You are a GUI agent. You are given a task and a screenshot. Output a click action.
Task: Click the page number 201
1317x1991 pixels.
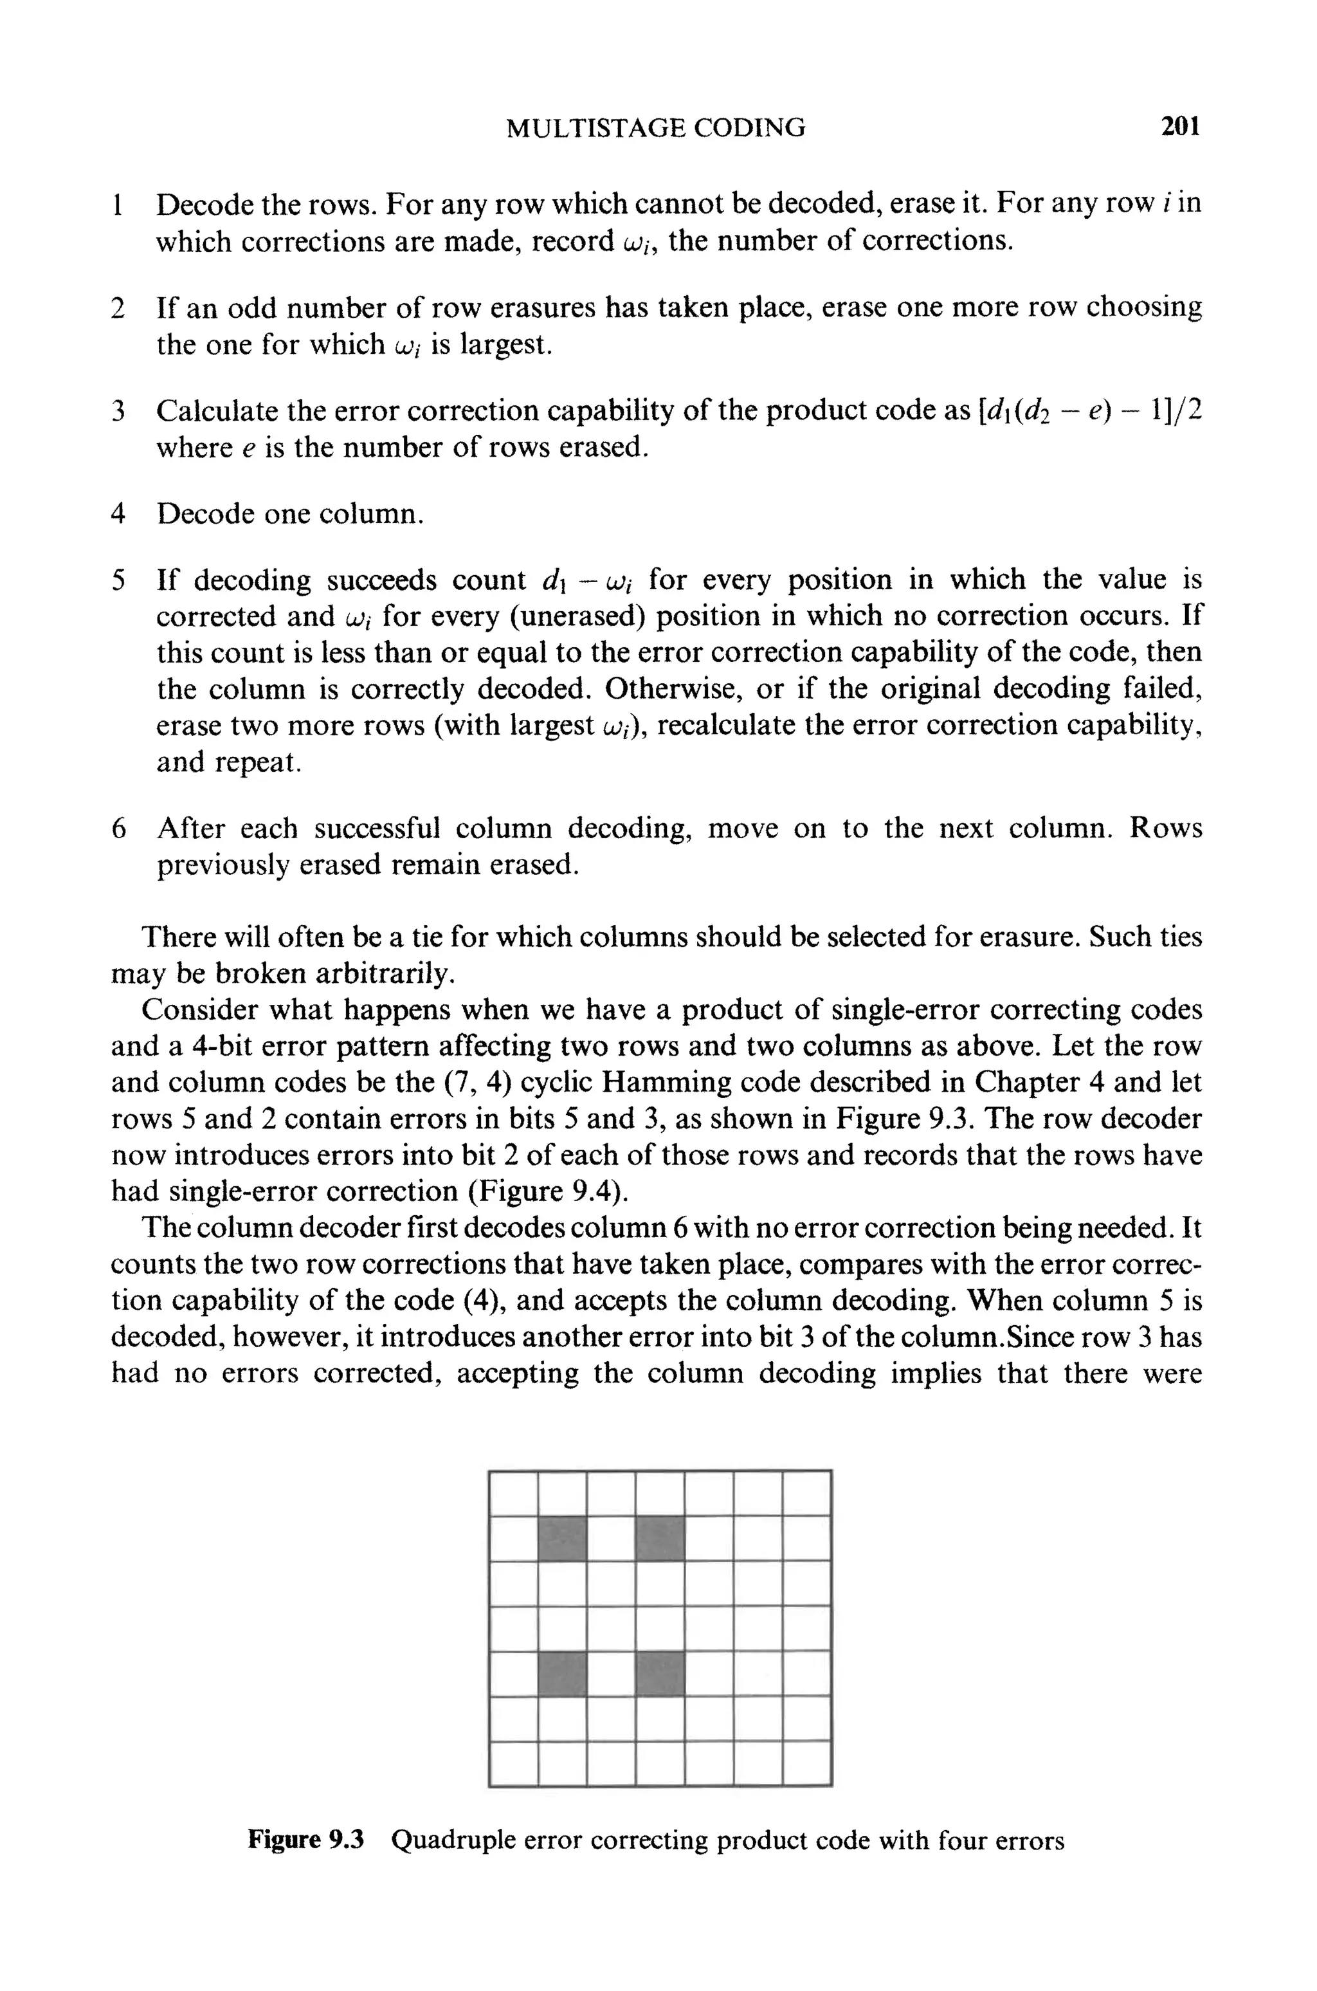(x=1180, y=127)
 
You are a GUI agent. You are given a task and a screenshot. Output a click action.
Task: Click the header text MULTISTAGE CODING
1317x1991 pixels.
(x=656, y=127)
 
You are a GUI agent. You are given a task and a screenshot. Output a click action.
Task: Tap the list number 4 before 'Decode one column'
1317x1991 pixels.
(x=118, y=513)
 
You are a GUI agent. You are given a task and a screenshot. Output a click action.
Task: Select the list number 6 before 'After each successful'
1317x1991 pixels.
(x=118, y=829)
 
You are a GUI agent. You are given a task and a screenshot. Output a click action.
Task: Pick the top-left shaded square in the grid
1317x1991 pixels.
(x=562, y=1539)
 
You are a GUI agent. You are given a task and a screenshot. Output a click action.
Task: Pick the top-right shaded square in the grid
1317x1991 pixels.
(x=660, y=1539)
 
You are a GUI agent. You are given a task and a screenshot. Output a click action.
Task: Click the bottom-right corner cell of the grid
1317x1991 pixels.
(x=806, y=1763)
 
